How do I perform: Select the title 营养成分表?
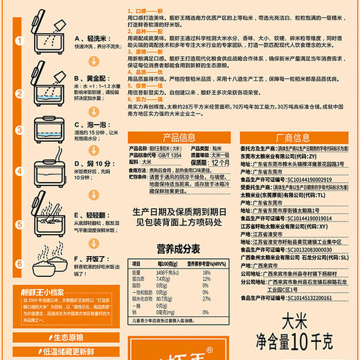click(x=178, y=249)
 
